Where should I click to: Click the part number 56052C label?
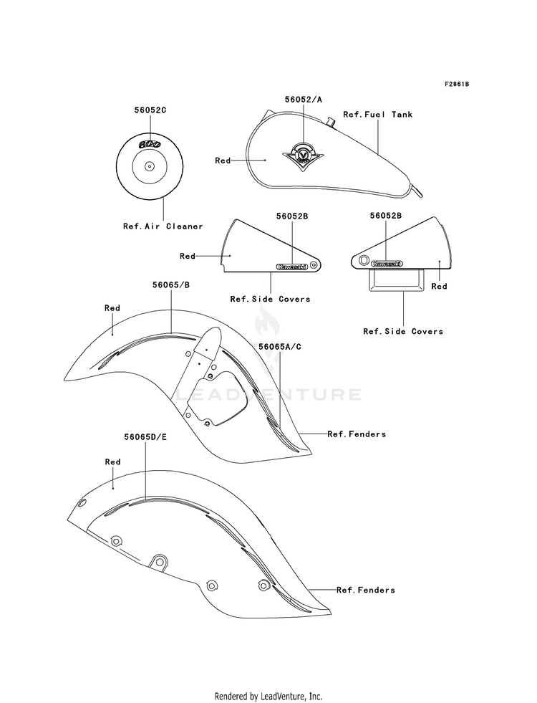tap(150, 110)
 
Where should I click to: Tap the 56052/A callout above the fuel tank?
tap(303, 100)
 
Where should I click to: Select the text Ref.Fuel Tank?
tap(377, 115)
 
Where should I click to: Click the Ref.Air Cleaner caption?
tap(163, 226)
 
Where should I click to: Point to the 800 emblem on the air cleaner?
tap(150, 143)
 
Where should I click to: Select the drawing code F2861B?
tap(457, 85)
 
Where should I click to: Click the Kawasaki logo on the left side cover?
tap(292, 267)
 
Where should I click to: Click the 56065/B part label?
tap(170, 285)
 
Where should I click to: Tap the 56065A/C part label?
tap(280, 347)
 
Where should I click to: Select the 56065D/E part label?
tap(145, 436)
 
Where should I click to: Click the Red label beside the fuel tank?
tap(223, 161)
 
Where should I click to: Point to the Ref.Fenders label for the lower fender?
tap(366, 590)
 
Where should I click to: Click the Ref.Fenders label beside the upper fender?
tap(357, 434)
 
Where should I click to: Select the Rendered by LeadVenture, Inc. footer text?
tap(268, 697)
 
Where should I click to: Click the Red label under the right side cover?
tap(440, 287)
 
